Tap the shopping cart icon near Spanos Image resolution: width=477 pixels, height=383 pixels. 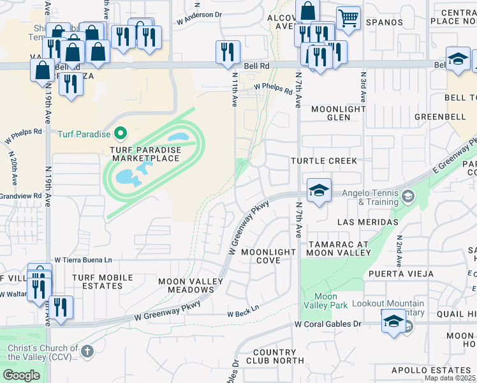click(348, 18)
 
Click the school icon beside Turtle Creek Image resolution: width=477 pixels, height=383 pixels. click(318, 190)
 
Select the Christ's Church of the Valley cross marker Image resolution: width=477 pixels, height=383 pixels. click(87, 352)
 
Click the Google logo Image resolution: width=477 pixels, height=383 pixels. click(21, 375)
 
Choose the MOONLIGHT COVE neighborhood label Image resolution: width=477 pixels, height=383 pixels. click(268, 256)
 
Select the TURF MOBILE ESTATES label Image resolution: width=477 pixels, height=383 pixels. click(102, 282)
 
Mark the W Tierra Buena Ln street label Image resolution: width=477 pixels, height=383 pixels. click(83, 260)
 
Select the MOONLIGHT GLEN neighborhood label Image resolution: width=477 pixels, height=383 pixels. click(339, 114)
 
